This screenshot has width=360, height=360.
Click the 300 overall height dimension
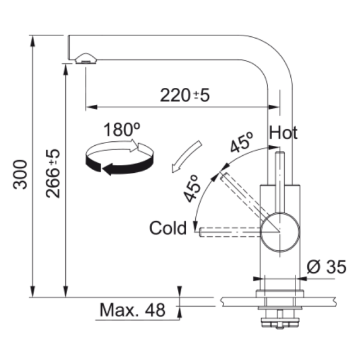pos(20,175)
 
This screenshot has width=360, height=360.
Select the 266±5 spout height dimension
pos(53,173)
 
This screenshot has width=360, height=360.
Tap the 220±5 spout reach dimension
pos(185,95)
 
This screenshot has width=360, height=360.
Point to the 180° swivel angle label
pos(121,130)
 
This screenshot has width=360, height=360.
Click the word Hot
pos(283,133)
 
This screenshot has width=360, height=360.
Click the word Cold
pos(168,228)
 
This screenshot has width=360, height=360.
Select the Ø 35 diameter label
pos(326,267)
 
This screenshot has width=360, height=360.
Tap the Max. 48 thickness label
pos(132,310)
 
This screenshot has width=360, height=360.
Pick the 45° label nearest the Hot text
pos(242,142)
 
